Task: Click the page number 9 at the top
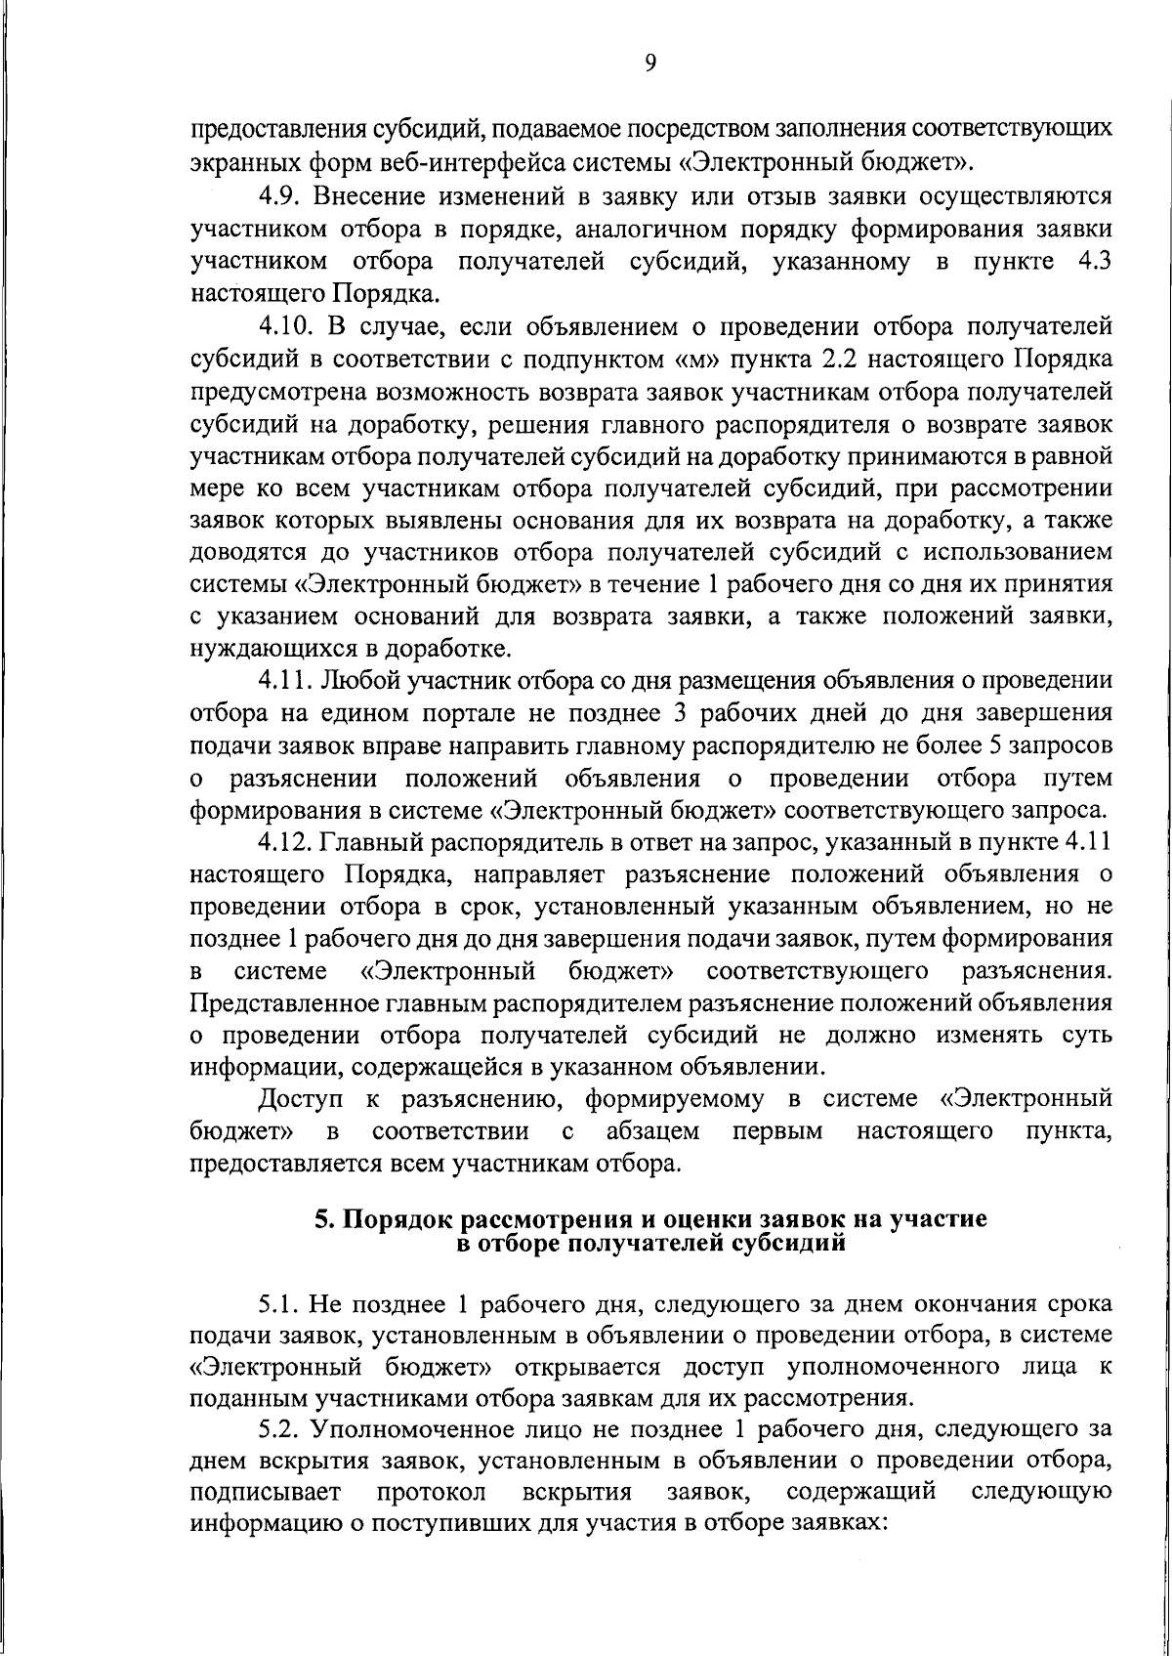click(651, 64)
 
